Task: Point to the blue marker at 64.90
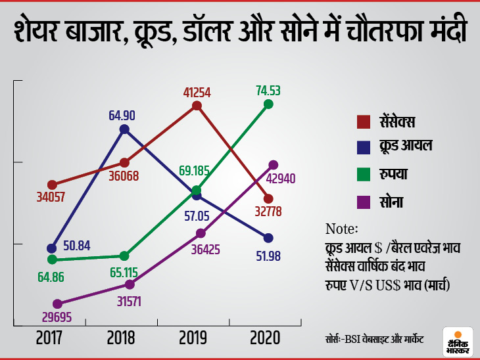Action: [124, 129]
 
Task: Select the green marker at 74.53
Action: [268, 104]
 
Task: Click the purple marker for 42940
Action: [274, 165]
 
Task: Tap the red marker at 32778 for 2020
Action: [268, 199]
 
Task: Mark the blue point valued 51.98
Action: [268, 238]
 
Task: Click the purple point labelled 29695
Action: [57, 304]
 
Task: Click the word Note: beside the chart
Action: [341, 229]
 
